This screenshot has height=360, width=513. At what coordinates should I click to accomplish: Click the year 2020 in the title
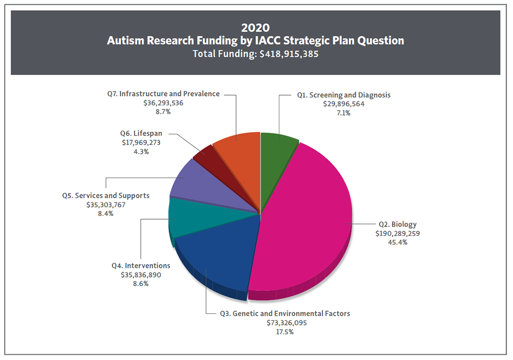[x=256, y=28]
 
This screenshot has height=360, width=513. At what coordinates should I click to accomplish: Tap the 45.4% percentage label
[x=397, y=242]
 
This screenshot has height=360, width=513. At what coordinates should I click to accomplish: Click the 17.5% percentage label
[x=284, y=332]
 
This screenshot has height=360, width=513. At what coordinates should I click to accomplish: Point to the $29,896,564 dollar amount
[x=344, y=104]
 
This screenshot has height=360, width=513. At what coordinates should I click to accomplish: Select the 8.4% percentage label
[x=105, y=213]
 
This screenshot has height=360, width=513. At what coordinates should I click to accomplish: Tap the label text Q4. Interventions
[x=141, y=265]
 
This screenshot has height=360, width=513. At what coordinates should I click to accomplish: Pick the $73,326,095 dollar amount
[x=284, y=323]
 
